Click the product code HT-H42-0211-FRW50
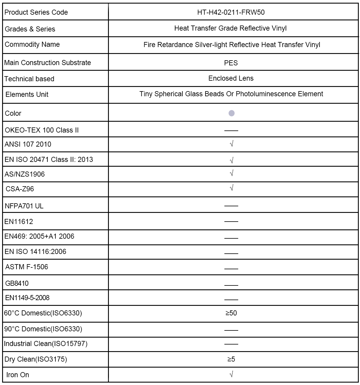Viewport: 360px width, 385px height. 231,12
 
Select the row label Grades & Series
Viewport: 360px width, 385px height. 30,29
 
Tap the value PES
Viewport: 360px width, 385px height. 231,63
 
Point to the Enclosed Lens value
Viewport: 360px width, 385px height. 231,78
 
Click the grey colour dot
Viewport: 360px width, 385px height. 231,113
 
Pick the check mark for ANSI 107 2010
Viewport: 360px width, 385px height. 231,144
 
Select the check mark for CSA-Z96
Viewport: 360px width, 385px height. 231,188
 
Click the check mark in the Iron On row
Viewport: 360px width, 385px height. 231,374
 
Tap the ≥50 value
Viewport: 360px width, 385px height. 231,313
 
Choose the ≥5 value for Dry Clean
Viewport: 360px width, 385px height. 231,359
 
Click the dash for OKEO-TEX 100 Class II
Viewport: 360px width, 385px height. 231,131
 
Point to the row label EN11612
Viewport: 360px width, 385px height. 19,222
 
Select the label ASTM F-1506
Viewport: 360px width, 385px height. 27,267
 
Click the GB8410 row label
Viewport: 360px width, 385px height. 17,283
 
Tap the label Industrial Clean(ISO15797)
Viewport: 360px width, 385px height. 46,344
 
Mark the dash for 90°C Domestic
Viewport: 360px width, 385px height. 231,330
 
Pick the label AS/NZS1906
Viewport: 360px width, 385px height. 25,174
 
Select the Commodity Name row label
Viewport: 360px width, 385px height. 32,44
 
